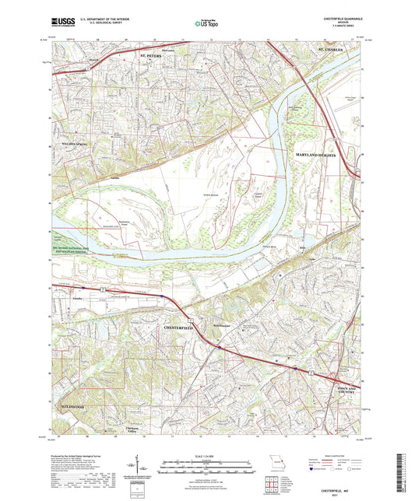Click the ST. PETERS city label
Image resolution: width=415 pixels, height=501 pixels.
[153, 56]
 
